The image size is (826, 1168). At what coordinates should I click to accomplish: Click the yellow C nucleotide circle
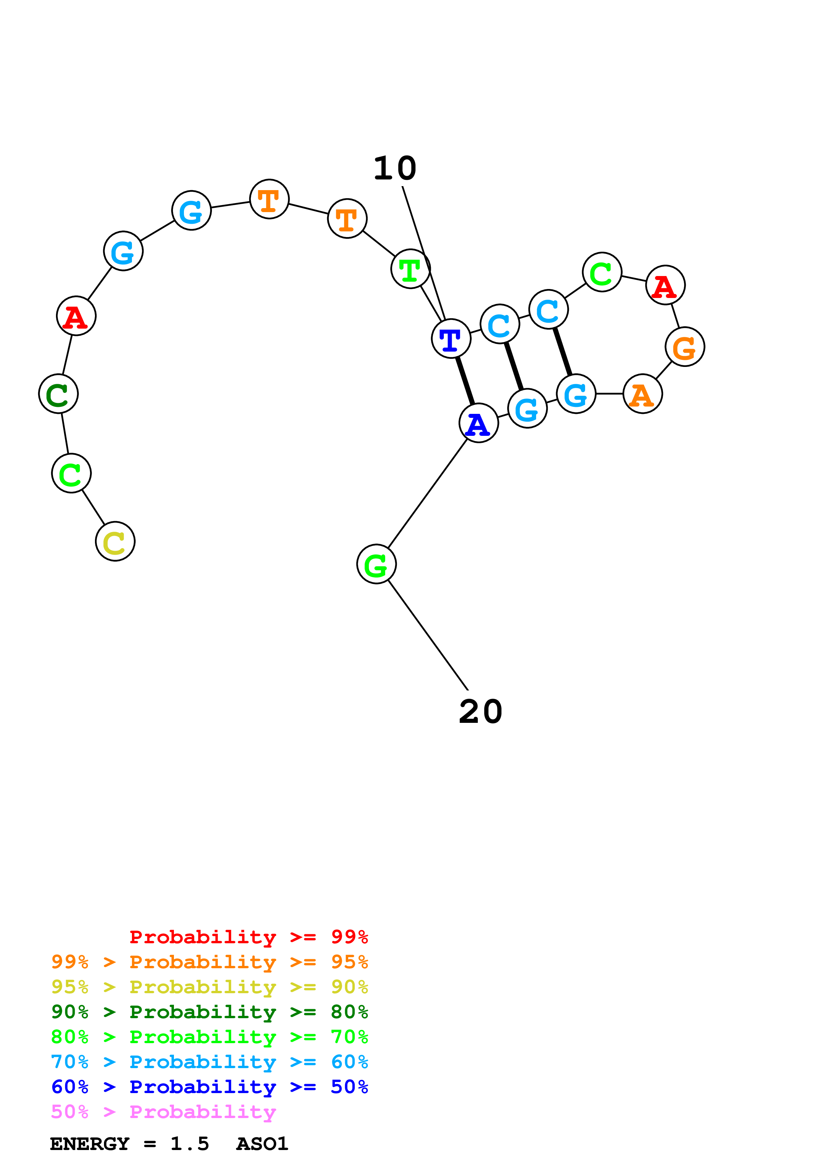(115, 541)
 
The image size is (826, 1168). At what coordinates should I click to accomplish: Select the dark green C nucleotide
(58, 394)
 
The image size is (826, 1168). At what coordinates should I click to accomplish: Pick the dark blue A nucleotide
(478, 423)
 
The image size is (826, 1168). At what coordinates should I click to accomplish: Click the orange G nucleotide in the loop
(684, 347)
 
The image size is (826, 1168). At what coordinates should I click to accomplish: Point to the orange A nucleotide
(642, 394)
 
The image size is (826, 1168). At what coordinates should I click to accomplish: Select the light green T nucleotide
(410, 269)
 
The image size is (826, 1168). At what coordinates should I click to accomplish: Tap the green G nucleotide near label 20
(376, 564)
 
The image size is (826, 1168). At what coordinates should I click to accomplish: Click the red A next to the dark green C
(76, 316)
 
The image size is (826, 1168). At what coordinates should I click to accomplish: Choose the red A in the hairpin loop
(665, 285)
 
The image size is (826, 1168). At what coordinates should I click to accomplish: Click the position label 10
(395, 168)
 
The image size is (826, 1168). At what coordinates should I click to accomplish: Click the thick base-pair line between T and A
(465, 381)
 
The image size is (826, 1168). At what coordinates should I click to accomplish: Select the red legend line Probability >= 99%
(248, 937)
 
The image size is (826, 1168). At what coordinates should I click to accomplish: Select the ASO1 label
(262, 1144)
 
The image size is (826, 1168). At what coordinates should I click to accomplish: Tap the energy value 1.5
(189, 1144)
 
